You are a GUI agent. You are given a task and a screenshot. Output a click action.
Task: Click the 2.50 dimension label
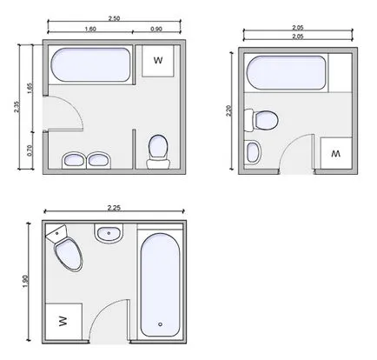[114, 18]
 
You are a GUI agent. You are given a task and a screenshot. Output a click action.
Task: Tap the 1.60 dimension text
[90, 29]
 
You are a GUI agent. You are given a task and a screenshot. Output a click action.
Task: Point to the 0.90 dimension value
[156, 29]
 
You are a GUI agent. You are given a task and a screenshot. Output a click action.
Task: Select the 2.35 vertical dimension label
[16, 107]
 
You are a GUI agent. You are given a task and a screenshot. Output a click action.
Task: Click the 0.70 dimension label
[30, 150]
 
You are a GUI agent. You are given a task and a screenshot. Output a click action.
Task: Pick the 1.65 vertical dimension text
[30, 89]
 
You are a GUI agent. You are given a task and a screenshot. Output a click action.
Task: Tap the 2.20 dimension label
[228, 110]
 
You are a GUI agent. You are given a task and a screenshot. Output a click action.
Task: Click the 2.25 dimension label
[114, 208]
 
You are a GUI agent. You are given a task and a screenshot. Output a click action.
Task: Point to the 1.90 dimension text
[25, 282]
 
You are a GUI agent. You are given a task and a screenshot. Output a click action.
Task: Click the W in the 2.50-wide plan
[158, 60]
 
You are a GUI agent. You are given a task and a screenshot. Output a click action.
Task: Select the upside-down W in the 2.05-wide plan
[336, 154]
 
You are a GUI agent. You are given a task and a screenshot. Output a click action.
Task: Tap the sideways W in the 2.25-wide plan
[63, 321]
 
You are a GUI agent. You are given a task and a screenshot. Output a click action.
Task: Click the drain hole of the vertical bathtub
[160, 324]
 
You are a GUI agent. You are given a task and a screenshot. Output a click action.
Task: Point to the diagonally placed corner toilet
[65, 248]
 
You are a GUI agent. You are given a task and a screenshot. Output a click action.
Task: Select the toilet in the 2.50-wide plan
[158, 152]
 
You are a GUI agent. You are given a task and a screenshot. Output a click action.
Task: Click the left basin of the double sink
[74, 160]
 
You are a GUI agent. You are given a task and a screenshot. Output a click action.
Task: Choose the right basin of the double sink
[98, 160]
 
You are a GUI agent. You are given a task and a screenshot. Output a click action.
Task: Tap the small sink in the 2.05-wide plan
[253, 152]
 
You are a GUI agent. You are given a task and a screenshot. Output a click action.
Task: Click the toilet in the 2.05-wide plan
[261, 120]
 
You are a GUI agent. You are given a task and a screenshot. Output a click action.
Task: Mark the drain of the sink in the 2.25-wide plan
[109, 233]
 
